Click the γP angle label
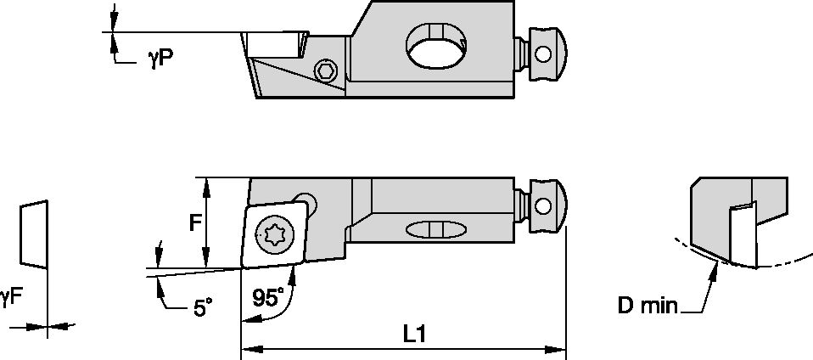161,59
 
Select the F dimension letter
195,223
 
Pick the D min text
648,304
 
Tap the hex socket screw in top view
323,71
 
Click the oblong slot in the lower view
436,229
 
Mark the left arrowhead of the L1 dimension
249,347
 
